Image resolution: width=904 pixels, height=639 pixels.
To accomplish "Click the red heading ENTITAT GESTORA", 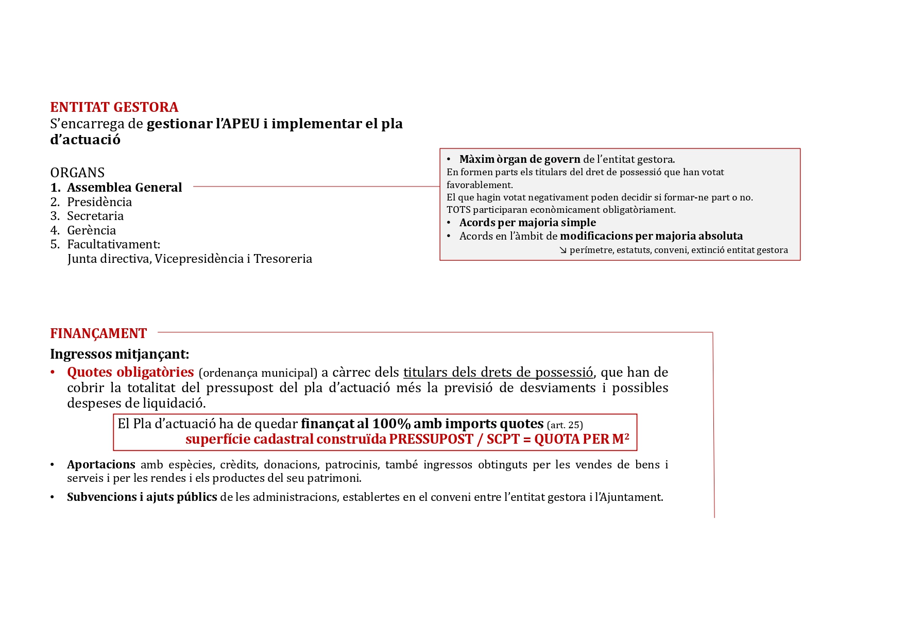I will click(114, 107).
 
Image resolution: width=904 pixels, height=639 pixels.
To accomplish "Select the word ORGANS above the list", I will click(77, 173).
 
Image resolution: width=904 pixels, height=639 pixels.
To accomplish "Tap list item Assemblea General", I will click(124, 188).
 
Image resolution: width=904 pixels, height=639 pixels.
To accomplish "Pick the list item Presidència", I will click(99, 202).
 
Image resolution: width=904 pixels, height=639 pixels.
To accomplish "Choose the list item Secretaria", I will click(95, 216).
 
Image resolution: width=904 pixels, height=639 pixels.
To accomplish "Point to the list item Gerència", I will click(92, 230).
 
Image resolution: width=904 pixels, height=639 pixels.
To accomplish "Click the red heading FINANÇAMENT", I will click(98, 333).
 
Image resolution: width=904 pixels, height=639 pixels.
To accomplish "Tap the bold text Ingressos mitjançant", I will click(120, 354).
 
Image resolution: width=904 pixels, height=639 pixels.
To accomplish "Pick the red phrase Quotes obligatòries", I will click(130, 372).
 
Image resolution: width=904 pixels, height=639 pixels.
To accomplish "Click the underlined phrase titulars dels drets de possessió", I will click(498, 373).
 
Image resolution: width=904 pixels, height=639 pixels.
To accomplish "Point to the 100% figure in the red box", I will click(391, 424).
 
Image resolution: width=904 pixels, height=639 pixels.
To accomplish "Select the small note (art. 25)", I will click(565, 425).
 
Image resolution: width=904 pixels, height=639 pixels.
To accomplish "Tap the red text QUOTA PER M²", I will click(582, 439).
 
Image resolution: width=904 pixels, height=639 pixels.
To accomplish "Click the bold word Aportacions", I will click(101, 465).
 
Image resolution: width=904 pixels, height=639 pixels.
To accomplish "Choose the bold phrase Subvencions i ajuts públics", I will click(142, 497).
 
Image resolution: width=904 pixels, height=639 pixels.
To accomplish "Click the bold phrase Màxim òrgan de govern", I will click(520, 159).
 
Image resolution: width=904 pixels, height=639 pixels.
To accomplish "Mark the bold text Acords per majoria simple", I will click(527, 223).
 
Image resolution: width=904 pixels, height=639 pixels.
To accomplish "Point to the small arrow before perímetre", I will click(563, 250).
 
